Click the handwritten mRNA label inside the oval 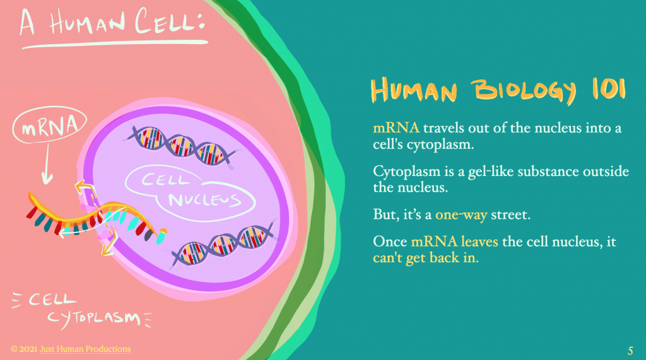[49, 126]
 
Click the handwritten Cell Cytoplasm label [83, 310]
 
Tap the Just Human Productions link [85, 349]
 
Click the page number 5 [630, 351]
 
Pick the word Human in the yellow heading [414, 90]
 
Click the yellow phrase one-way [461, 214]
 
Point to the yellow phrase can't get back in [426, 258]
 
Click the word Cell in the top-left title [170, 21]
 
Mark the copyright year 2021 [28, 349]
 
